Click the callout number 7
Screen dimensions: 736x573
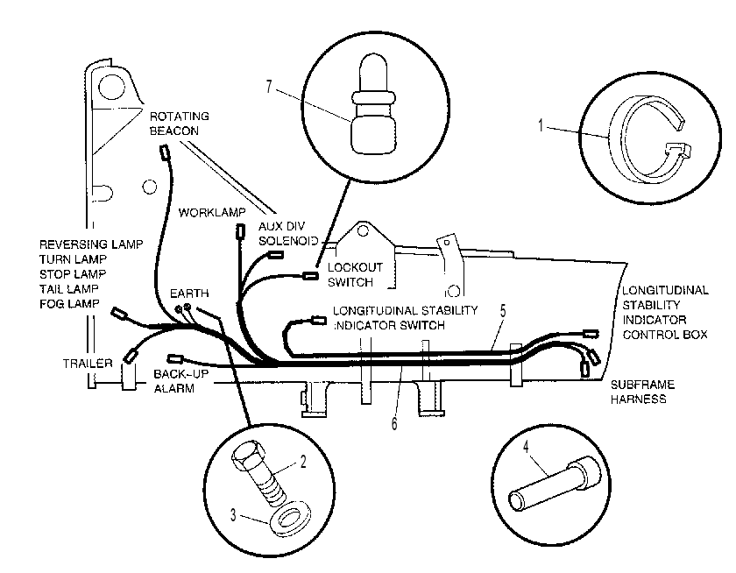(x=268, y=87)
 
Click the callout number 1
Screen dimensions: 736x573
(x=541, y=125)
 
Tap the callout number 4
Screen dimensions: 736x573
(x=526, y=446)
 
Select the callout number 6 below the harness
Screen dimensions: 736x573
(x=394, y=423)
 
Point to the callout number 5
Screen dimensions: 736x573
(x=503, y=311)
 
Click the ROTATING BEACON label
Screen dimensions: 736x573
(x=180, y=123)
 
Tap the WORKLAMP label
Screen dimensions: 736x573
(x=212, y=213)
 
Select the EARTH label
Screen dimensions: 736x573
(x=189, y=294)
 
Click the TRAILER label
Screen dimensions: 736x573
(x=88, y=364)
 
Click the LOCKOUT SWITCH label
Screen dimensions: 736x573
(x=355, y=274)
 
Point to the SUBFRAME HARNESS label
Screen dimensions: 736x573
(x=642, y=392)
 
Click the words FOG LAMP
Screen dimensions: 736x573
(x=69, y=304)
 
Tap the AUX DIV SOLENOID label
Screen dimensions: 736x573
(x=288, y=233)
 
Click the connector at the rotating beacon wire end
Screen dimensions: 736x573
(x=165, y=152)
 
